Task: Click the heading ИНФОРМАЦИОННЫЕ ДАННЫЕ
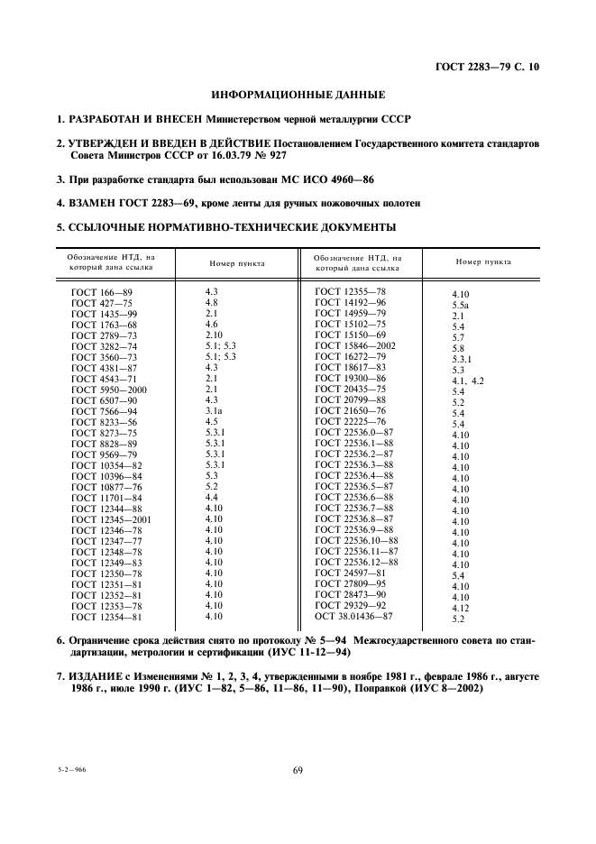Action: [298, 94]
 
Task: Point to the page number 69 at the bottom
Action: [297, 769]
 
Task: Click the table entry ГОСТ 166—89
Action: [102, 292]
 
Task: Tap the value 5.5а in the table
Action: [461, 306]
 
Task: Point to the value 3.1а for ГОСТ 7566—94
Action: [215, 410]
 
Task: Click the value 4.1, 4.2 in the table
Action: [468, 381]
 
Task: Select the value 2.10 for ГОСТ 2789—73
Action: [215, 335]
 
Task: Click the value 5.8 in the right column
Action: [458, 348]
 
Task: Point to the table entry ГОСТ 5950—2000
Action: [105, 389]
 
